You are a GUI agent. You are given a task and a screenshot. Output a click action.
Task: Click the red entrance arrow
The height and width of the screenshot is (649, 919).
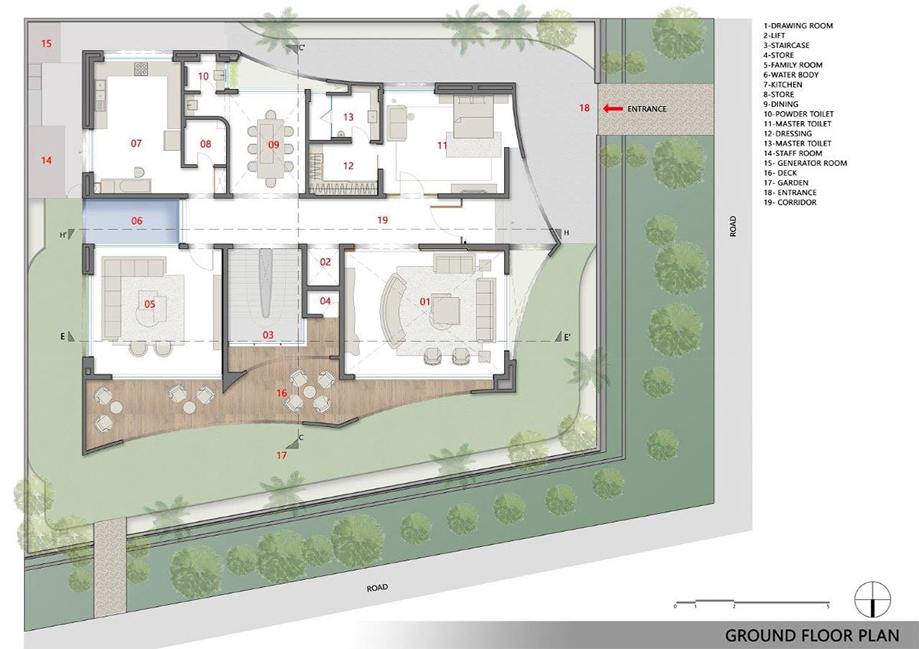[612, 109]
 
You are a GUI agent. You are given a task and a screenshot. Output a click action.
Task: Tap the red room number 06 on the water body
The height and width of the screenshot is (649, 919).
[136, 221]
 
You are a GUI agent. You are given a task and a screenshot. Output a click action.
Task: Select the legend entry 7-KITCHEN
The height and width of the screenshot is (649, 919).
[783, 84]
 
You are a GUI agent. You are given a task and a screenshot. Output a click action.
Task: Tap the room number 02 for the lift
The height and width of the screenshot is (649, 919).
[325, 262]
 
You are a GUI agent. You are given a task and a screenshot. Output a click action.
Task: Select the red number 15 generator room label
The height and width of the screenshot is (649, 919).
[47, 43]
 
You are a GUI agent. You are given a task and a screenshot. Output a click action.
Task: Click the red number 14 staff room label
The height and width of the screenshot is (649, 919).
[47, 160]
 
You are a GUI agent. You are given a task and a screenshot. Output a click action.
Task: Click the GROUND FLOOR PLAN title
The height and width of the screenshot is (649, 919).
[812, 635]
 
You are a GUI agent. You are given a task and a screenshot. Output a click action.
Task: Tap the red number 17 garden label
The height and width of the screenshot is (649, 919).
[282, 455]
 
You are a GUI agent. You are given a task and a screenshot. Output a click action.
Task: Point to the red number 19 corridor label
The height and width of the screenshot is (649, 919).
[382, 220]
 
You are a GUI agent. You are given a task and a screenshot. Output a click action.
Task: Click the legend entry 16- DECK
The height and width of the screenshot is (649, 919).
[780, 173]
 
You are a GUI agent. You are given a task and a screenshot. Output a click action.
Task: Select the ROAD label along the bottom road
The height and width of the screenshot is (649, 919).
[377, 588]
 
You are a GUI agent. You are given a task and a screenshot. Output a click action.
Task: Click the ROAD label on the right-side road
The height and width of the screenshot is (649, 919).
[733, 227]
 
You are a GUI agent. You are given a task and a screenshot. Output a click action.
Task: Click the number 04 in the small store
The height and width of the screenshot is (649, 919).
[325, 302]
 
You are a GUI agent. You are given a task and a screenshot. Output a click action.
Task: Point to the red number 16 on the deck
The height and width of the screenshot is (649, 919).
[282, 393]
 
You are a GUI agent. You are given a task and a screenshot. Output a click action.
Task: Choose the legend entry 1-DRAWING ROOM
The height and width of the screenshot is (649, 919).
[798, 25]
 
